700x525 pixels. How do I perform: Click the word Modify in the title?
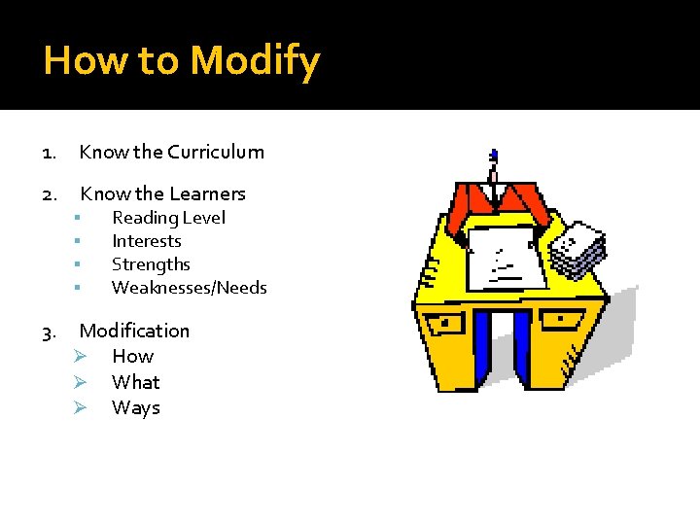click(x=255, y=61)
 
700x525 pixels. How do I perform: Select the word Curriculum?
click(x=215, y=152)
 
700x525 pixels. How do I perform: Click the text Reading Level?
click(x=168, y=218)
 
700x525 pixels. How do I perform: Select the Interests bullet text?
click(x=147, y=241)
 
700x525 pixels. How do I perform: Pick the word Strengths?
click(x=151, y=264)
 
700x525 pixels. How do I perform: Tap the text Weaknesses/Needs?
click(x=189, y=288)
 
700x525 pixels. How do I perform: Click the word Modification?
click(x=134, y=331)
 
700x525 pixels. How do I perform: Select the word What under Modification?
click(x=135, y=382)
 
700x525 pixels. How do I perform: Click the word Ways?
click(x=135, y=407)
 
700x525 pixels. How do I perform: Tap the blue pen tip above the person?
click(x=494, y=155)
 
